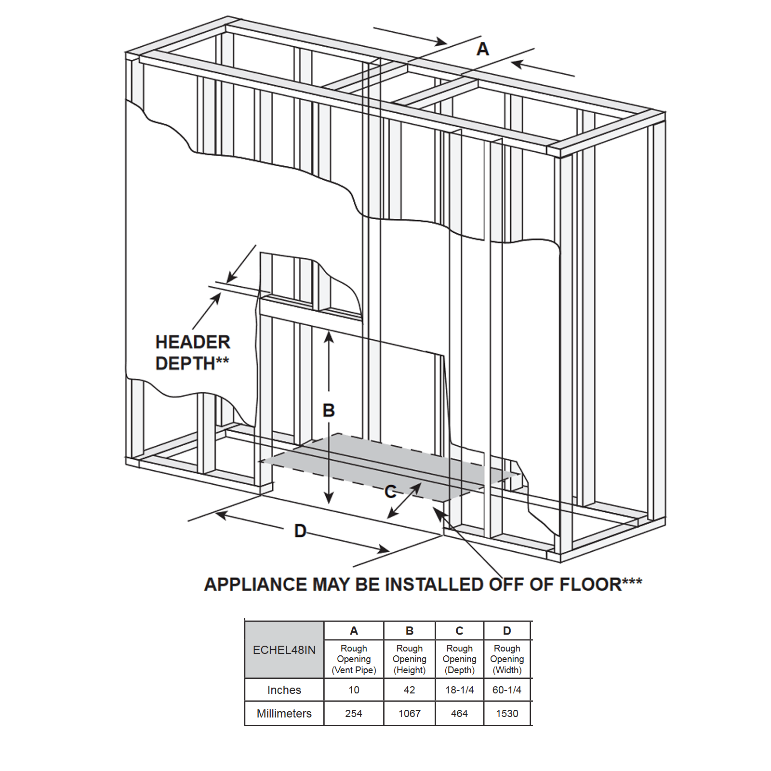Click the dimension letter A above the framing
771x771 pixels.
482,49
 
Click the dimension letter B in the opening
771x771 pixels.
329,411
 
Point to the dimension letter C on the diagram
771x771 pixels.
390,492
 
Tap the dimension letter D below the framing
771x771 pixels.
300,531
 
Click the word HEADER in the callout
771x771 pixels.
193,342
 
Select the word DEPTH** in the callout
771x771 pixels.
192,363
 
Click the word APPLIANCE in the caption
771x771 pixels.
255,585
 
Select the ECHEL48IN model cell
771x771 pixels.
284,650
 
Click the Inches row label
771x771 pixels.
284,690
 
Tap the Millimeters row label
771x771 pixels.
284,714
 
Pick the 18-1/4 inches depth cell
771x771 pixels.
459,690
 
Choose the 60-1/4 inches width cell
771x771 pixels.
507,690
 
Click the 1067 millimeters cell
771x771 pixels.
410,714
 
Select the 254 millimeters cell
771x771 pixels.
354,714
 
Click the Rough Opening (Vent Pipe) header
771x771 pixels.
354,659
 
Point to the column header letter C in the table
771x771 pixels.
459,631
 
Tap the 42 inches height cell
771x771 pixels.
410,690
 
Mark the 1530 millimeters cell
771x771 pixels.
507,714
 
